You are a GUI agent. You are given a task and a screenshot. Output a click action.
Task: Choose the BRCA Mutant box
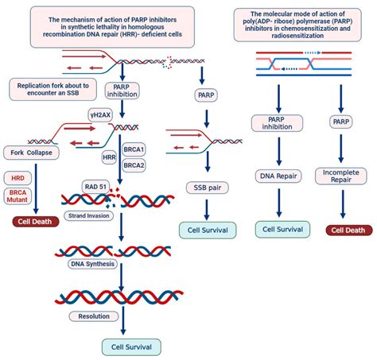20,197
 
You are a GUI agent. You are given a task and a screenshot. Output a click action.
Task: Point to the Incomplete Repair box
340,176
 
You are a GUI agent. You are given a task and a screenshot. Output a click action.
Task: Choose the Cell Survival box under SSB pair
207,231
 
